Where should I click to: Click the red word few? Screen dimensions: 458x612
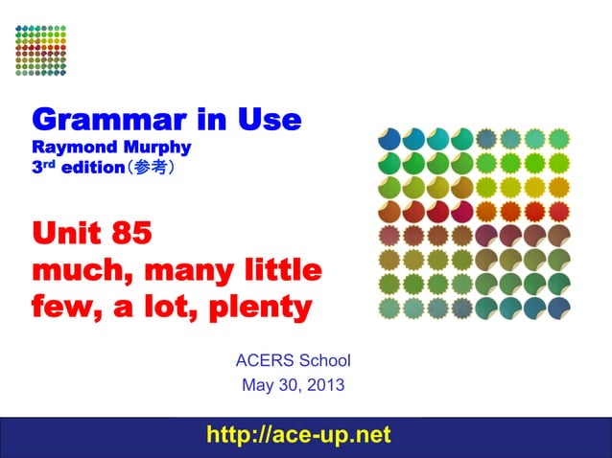click(x=61, y=308)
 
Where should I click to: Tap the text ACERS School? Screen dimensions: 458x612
click(x=293, y=361)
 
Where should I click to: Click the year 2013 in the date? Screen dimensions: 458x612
click(x=323, y=386)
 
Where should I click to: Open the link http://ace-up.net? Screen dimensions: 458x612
click(x=299, y=435)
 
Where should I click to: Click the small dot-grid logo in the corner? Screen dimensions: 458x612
click(x=41, y=50)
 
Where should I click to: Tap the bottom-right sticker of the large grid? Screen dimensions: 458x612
click(x=558, y=308)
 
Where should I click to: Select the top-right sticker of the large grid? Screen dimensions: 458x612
click(x=558, y=140)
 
